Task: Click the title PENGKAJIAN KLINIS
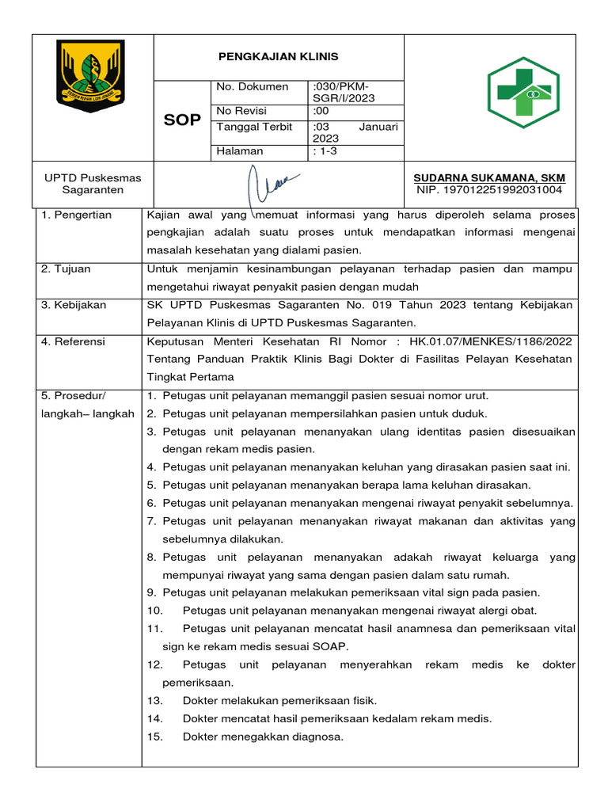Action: coord(278,56)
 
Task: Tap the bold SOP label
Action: coord(181,120)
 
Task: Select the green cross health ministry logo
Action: coord(522,93)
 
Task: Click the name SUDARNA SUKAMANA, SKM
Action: coord(490,177)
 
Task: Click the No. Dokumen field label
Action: coord(253,86)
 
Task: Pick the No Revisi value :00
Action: coord(321,110)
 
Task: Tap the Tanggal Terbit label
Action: coord(254,127)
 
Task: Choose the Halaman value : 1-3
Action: coord(325,150)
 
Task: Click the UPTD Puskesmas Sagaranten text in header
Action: coord(92,184)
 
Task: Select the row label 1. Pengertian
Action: coord(77,215)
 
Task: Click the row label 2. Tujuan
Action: coord(66,268)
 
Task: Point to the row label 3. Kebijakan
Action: coord(74,305)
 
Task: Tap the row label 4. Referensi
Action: coord(73,341)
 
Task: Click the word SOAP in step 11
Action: coord(332,645)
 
